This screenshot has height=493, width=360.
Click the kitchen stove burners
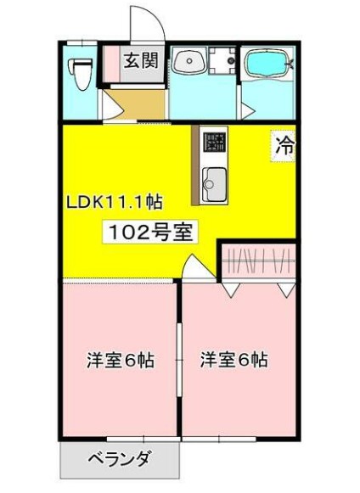point(212,143)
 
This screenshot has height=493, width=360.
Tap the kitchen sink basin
point(214,182)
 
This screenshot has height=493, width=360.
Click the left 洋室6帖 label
point(120,360)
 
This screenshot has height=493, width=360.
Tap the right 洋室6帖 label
point(233,360)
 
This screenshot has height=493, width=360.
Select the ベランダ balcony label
point(119,461)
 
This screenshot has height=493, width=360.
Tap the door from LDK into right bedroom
point(197,270)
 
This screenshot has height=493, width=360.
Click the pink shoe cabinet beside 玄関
point(111,63)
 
